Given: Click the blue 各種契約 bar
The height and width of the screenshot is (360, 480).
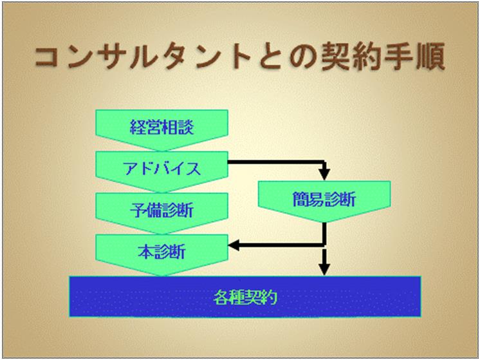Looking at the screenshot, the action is [245, 296].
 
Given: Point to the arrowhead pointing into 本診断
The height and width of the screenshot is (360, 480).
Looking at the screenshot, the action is [234, 245].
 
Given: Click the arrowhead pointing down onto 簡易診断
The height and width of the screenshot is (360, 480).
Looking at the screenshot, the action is [324, 175].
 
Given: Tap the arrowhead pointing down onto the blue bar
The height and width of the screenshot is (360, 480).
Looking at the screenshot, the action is [324, 270].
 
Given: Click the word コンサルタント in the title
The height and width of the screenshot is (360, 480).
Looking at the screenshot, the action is [143, 58].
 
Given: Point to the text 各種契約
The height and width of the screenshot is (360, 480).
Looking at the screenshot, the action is [245, 297].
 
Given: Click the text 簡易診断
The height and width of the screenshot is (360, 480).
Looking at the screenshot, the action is [324, 199].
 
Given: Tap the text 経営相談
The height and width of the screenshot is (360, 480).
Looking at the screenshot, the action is [162, 126].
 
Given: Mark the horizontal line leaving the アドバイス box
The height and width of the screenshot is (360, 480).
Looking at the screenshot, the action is [276, 162].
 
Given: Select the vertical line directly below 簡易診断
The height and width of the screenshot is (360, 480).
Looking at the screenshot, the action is [324, 234].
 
